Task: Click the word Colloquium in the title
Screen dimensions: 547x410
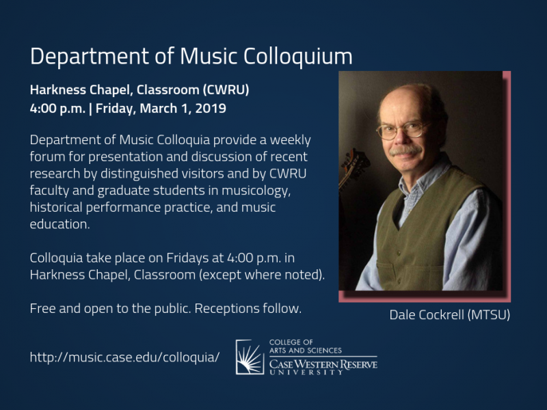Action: (x=298, y=57)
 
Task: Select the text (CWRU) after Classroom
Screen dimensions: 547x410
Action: (x=226, y=90)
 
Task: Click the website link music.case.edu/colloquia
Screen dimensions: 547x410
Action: (x=125, y=357)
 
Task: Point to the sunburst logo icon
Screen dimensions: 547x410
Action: (x=250, y=357)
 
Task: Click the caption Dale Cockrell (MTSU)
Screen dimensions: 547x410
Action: (x=450, y=315)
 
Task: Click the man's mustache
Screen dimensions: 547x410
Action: (x=405, y=150)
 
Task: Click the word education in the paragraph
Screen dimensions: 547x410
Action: (x=59, y=224)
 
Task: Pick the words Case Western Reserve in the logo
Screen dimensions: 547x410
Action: (x=323, y=365)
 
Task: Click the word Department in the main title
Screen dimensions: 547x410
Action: (x=90, y=57)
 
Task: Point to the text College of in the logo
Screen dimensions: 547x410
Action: (x=291, y=342)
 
